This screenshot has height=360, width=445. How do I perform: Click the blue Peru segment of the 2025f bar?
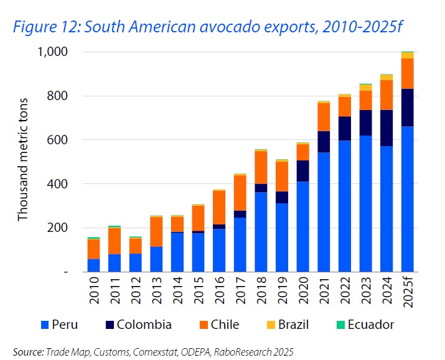point(408,199)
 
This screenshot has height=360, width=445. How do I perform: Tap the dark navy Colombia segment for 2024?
point(386,128)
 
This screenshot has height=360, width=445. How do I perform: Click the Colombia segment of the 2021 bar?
point(324,142)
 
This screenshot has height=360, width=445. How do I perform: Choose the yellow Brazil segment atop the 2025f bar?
point(408,55)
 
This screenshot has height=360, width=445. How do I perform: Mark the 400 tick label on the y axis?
point(60,184)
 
